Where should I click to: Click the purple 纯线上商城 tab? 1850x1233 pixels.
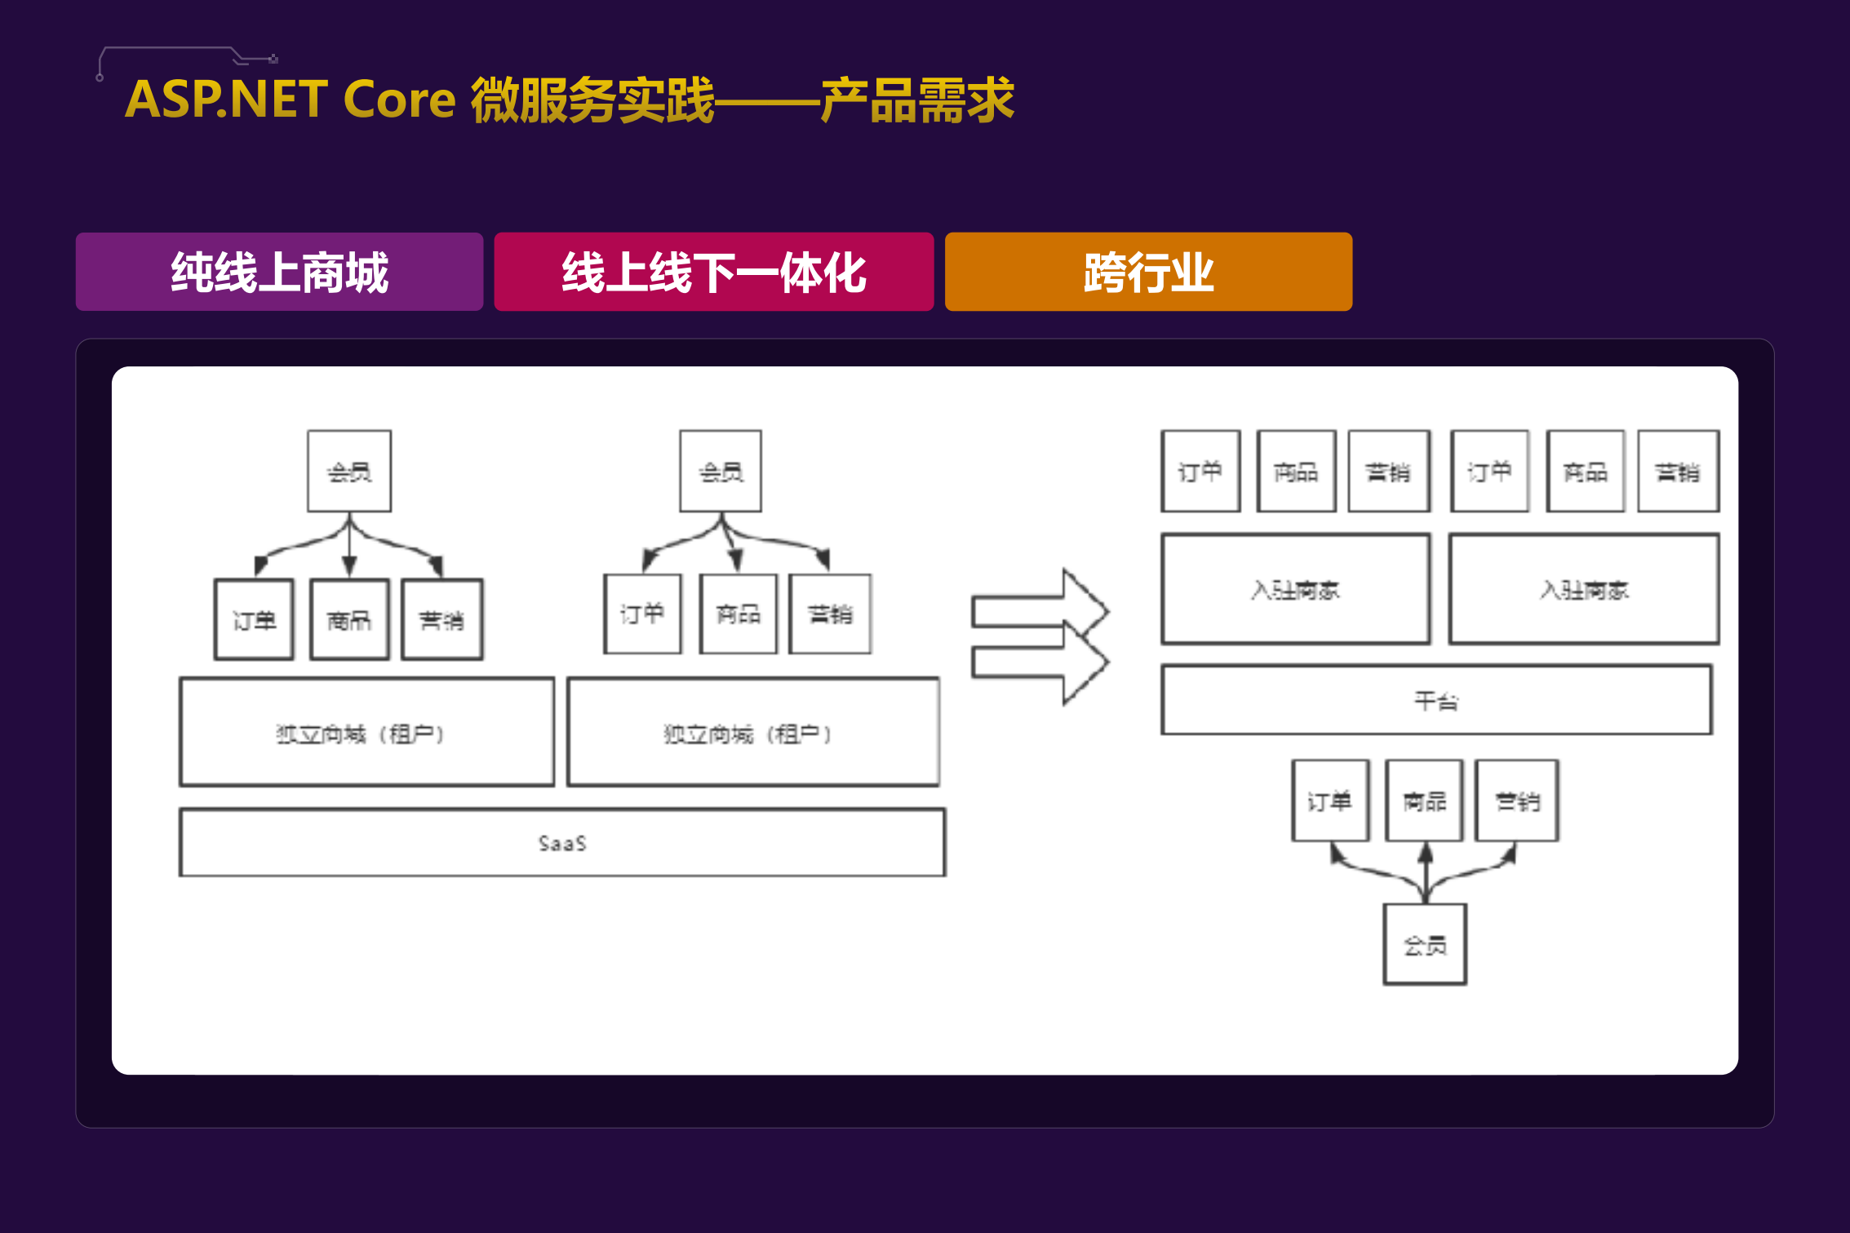(279, 272)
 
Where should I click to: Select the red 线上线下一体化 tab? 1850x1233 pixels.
(713, 272)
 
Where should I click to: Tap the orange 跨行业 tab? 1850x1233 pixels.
(1148, 272)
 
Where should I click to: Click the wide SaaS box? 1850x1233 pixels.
(562, 842)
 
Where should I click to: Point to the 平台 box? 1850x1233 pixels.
(1436, 700)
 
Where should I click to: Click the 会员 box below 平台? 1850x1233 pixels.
(1425, 944)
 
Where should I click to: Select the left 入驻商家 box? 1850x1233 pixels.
(1296, 589)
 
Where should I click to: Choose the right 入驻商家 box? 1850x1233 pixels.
(1584, 589)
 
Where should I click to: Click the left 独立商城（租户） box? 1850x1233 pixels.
(366, 732)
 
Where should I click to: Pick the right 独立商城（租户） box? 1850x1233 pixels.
(753, 732)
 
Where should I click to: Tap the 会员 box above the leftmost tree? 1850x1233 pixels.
(349, 472)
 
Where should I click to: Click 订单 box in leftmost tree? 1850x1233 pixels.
(254, 619)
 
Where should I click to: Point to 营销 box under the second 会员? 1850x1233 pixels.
(830, 614)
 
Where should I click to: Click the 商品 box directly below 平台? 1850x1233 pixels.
(1424, 801)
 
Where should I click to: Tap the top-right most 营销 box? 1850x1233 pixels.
(1678, 472)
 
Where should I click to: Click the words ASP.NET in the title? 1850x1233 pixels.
(226, 100)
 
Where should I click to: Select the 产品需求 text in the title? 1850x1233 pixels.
(917, 100)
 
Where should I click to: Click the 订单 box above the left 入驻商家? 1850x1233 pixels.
(1200, 472)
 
